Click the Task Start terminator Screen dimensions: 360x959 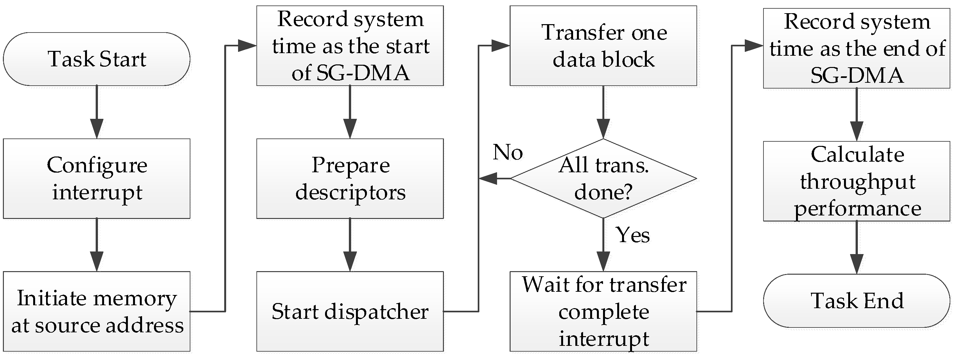pos(96,59)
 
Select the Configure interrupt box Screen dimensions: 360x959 pos(96,178)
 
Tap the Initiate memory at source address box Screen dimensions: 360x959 pos(96,311)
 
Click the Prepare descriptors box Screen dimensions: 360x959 pos(350,178)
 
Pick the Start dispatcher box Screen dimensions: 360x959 pos(350,311)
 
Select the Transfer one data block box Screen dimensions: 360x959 pos(603,45)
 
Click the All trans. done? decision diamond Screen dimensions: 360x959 pos(603,178)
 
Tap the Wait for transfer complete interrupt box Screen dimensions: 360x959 pos(603,311)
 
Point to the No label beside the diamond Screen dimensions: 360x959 pos(507,152)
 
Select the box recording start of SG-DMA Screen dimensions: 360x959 pos(350,45)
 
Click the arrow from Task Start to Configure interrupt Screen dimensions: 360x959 pos(96,112)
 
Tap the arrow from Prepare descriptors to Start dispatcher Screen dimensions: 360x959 pos(350,245)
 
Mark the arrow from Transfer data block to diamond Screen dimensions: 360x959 pos(603,112)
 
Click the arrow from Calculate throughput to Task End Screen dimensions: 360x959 pos(857,247)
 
